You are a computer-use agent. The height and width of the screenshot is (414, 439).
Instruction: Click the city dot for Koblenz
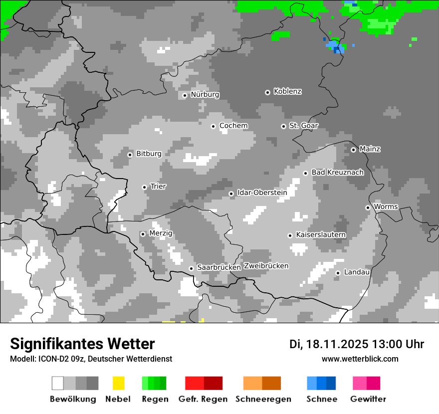point(267,92)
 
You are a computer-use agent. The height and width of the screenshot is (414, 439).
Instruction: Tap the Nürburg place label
point(205,94)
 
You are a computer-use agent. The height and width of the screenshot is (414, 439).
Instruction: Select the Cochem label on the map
point(233,126)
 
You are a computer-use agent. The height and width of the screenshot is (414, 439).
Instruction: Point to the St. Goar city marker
point(283,126)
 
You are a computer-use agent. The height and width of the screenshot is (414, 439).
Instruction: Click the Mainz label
point(370,149)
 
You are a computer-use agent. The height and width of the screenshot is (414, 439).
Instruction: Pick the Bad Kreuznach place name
point(337,173)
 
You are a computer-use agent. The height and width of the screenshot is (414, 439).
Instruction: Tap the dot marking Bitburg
point(130,155)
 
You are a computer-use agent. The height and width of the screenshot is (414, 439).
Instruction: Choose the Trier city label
point(158,187)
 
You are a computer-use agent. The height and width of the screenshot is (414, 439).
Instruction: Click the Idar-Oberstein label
point(262,193)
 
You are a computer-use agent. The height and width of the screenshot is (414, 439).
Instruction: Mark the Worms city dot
point(368,207)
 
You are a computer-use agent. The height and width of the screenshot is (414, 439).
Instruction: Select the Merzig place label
point(161,233)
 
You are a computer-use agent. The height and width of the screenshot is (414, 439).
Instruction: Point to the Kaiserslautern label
point(321,234)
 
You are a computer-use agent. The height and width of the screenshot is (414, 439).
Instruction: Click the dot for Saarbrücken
point(191,268)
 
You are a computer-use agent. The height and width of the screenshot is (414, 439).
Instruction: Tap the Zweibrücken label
point(266,266)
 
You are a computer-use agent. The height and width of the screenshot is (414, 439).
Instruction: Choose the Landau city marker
point(338,273)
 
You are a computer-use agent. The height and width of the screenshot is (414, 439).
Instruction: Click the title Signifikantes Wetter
point(82,344)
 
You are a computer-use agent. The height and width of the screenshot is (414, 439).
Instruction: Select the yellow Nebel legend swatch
point(119,383)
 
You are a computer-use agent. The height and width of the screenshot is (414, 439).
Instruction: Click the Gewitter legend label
point(368,399)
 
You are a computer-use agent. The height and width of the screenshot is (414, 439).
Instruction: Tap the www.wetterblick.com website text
point(360,359)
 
